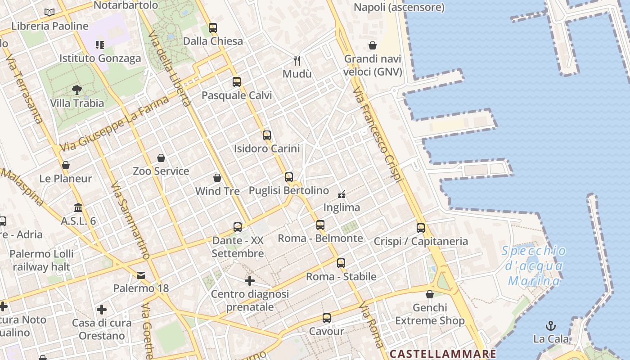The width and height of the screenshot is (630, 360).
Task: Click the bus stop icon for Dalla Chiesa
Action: click(213, 28)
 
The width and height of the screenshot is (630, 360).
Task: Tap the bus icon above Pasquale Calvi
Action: click(237, 82)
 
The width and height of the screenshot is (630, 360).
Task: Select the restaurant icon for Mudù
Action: click(297, 60)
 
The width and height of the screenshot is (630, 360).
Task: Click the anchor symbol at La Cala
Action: click(551, 325)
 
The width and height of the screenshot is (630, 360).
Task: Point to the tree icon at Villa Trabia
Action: click(77, 90)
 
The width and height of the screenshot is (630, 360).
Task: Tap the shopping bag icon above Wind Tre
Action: click(217, 178)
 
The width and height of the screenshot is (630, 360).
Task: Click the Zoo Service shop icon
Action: click(161, 158)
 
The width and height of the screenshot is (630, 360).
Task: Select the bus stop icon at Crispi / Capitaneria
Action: click(421, 228)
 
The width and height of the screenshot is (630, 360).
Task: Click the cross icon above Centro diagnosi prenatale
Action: click(250, 281)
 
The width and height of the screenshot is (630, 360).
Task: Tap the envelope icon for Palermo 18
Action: click(141, 275)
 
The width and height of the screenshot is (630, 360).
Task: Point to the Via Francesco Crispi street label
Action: click(377, 135)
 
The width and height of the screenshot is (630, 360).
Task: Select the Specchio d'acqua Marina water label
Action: click(534, 266)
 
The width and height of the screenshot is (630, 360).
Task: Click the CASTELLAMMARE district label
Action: click(443, 354)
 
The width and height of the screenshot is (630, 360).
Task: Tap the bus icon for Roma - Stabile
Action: click(341, 263)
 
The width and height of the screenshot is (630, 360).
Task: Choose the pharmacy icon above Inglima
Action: click(342, 194)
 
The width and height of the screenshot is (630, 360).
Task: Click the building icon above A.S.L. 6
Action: click(79, 208)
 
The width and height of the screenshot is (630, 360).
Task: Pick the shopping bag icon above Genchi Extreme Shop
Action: click(430, 294)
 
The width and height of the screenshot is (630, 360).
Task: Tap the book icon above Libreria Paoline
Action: click(49, 13)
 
